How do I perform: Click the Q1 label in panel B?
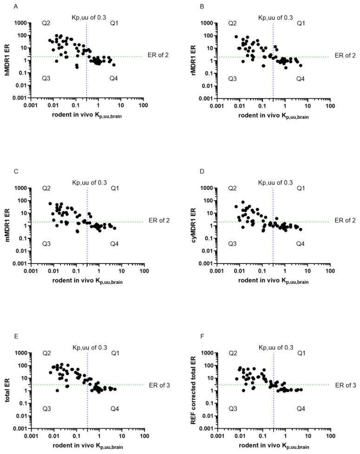pos(301,23)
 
